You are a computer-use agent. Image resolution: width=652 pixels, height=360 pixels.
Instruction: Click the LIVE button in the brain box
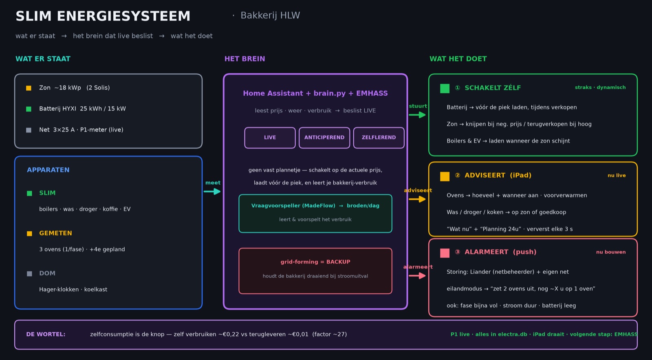point(270,138)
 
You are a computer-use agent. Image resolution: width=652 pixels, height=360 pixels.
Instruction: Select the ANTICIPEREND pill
point(324,138)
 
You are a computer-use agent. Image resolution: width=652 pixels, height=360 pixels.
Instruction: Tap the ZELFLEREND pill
point(379,138)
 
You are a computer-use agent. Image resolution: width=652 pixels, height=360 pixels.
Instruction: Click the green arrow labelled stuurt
point(417,115)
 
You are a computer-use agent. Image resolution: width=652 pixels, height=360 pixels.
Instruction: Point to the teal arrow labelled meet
point(212,191)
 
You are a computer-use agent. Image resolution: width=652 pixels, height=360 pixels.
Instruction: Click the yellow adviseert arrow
point(417,199)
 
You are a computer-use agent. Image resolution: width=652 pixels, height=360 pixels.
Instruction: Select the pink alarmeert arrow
point(417,275)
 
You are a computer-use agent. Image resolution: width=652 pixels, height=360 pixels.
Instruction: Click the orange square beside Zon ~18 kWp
point(29,88)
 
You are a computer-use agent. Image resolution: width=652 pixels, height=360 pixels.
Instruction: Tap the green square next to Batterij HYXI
point(29,109)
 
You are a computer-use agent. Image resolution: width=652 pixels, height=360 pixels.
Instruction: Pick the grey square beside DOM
point(29,274)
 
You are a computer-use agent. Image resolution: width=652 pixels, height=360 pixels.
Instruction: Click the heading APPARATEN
point(48,170)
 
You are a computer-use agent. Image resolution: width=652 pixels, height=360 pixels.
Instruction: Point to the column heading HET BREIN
point(244,59)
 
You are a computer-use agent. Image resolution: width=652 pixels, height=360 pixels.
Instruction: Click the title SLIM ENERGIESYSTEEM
point(103,16)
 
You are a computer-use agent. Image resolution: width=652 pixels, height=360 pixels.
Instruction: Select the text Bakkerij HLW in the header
point(270,15)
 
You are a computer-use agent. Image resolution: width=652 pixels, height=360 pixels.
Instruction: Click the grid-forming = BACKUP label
point(315,262)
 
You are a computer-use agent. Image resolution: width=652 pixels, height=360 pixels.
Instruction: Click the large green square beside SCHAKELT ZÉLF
point(445,88)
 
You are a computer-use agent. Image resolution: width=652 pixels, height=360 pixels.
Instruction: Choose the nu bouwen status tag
point(611,252)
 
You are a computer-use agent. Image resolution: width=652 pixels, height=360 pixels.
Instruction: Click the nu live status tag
point(617,176)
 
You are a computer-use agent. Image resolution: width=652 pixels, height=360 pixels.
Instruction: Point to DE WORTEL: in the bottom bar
point(46,334)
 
